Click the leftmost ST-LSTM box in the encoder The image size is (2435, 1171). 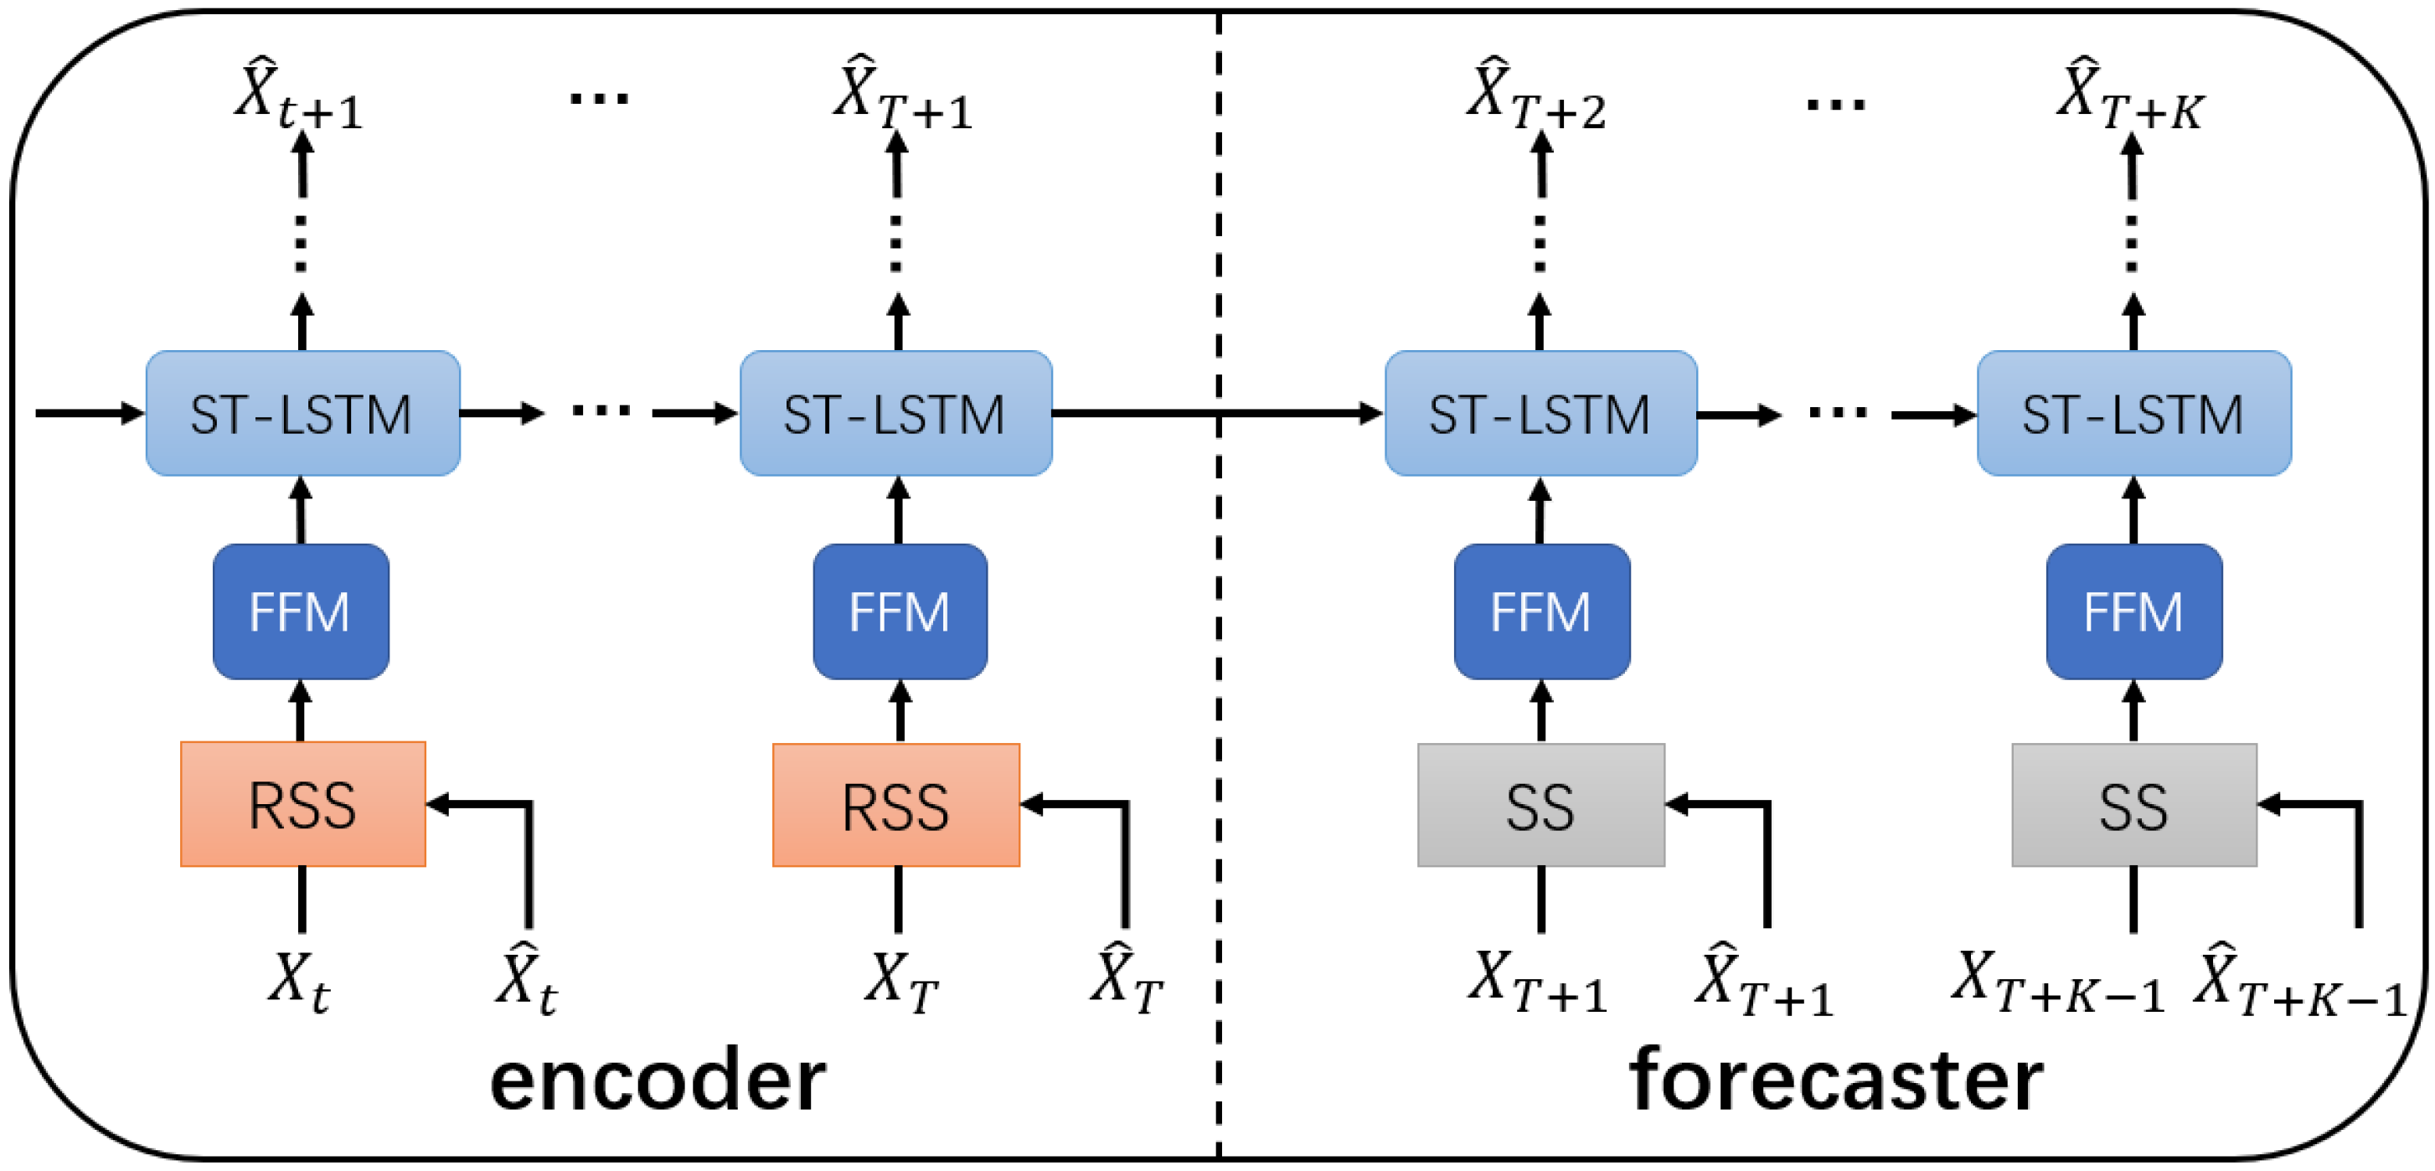click(302, 413)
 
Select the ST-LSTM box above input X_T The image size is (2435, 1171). click(895, 413)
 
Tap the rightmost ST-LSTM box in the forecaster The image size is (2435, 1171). click(2133, 413)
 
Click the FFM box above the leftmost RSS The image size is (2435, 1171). click(301, 611)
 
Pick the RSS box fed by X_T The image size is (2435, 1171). click(895, 805)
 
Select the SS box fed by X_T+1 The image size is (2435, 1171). click(1540, 805)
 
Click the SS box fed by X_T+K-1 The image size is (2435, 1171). click(2133, 805)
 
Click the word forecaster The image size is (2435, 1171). click(1836, 1080)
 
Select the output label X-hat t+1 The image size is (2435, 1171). click(297, 95)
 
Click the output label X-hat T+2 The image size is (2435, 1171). click(1535, 95)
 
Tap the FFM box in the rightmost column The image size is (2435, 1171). click(2133, 611)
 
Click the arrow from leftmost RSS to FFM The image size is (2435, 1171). click(301, 711)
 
